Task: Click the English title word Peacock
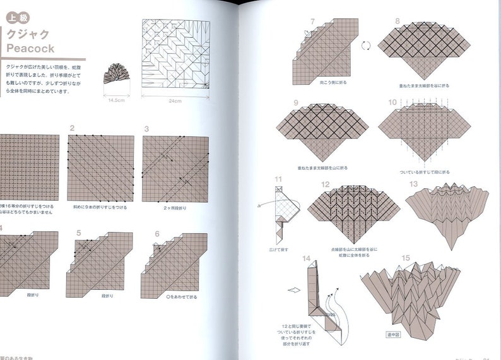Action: pos(30,49)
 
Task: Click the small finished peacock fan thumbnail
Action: pos(115,75)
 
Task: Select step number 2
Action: pos(73,129)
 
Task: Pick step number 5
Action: pos(79,232)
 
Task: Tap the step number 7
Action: pos(312,21)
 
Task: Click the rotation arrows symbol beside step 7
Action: pos(364,45)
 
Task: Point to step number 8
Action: pos(398,21)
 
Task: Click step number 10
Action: pos(393,102)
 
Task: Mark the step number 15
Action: pos(405,257)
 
